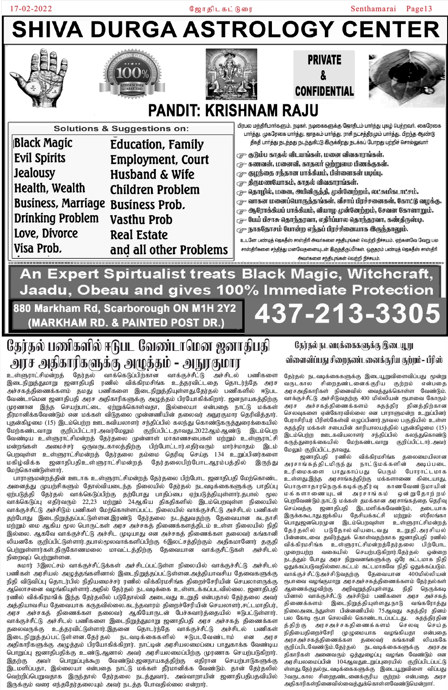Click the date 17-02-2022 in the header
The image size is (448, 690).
point(31,9)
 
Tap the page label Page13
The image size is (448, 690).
point(419,9)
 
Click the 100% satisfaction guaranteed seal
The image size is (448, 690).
point(133,73)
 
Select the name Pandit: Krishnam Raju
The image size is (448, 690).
point(233,110)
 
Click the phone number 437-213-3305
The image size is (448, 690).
point(347,313)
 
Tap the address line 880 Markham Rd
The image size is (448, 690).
point(124,308)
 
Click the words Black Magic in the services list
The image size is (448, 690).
point(43,143)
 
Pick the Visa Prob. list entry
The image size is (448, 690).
point(38,248)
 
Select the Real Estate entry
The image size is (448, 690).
point(139,235)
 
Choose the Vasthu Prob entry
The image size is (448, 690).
point(141,220)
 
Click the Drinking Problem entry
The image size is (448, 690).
point(56,218)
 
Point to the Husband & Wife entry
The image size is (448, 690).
point(152,174)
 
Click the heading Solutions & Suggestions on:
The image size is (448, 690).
point(121,129)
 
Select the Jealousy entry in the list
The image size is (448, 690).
point(34,173)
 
